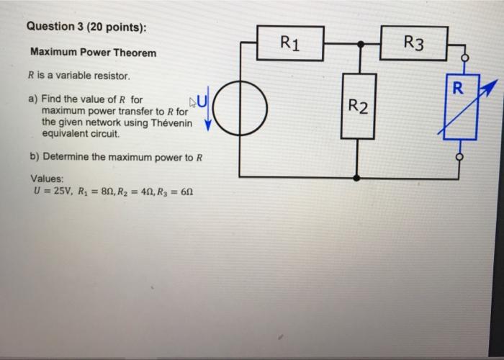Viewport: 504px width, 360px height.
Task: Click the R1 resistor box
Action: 290,43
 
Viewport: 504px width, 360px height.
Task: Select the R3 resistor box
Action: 414,43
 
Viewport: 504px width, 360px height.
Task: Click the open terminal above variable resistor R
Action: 464,59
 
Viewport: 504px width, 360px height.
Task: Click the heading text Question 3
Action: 58,27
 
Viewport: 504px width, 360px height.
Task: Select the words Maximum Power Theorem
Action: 92,53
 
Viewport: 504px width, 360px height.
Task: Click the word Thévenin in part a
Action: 171,123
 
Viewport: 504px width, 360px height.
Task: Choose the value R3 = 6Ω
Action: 177,192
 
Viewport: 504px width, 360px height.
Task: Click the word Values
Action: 48,179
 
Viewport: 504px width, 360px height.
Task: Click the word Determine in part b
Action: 66,156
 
